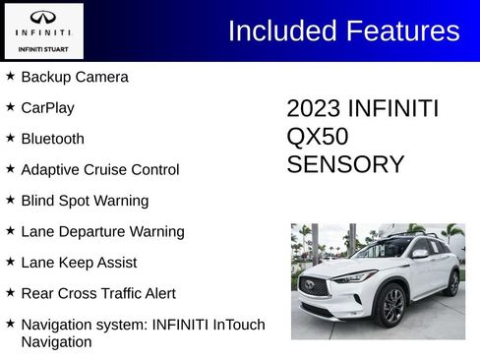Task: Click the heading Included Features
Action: (343, 30)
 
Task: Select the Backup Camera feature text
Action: (75, 77)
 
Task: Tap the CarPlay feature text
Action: (47, 108)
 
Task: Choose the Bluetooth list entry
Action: (52, 139)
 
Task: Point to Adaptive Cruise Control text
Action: (99, 170)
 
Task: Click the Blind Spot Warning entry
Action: (85, 201)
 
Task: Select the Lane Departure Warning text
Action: (102, 232)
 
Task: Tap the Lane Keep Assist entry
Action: (79, 263)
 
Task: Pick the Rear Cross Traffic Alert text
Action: (98, 294)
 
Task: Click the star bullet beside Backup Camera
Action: (10, 76)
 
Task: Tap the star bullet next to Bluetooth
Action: (10, 138)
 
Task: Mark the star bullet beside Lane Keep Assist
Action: (10, 262)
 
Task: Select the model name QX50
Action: (317, 137)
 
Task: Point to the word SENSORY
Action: (345, 164)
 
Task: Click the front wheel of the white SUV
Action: (391, 306)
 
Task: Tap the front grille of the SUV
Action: (317, 287)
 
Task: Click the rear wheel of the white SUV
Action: (451, 283)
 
